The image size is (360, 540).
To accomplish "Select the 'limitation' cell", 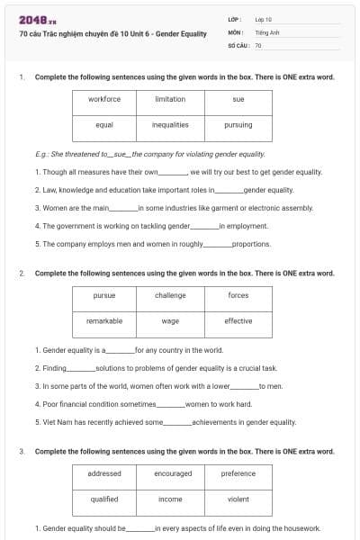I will [x=170, y=99].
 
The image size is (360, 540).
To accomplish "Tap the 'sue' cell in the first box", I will [x=238, y=99].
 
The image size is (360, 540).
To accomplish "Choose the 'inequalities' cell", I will [x=170, y=125].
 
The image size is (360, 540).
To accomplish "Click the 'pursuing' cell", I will [x=238, y=125].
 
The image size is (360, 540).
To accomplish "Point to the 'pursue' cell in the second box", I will [x=104, y=295].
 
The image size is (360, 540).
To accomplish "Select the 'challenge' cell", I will [x=170, y=295].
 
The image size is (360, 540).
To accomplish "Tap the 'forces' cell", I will [x=238, y=295].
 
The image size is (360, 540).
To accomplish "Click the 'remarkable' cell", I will [x=104, y=320].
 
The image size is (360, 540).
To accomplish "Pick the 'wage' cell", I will [x=170, y=320].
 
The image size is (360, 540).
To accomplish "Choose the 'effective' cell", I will [x=238, y=320].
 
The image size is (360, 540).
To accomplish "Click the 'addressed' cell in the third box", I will [x=104, y=473].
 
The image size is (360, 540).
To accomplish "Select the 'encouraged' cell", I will [x=173, y=473].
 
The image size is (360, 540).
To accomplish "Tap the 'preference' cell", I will [x=238, y=473].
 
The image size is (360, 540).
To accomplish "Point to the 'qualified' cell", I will [x=104, y=499].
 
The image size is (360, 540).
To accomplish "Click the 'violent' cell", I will [x=238, y=499].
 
